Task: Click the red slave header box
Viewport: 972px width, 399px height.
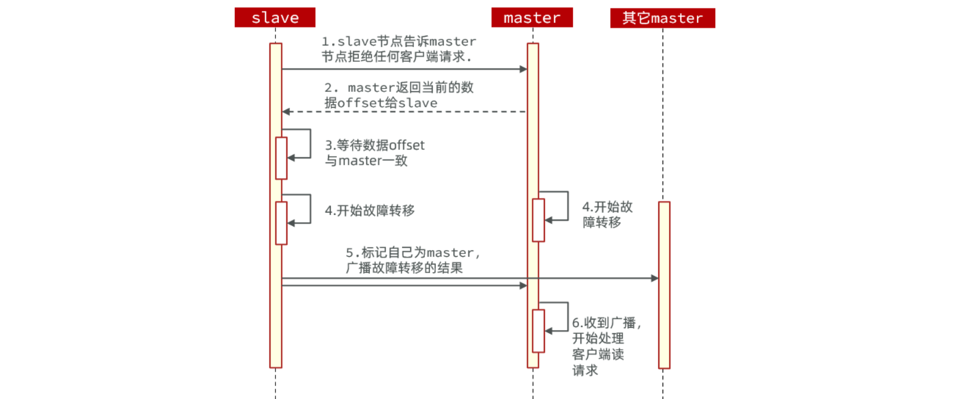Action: point(275,18)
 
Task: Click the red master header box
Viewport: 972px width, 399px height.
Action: point(532,18)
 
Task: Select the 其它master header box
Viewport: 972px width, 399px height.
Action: point(663,18)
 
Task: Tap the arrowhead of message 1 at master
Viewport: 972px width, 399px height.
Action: point(524,69)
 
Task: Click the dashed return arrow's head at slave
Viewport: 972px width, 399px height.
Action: point(286,112)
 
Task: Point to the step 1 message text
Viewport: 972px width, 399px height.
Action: point(399,49)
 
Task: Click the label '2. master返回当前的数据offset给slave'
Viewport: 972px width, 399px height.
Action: point(399,95)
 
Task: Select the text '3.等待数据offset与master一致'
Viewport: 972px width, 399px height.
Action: point(375,153)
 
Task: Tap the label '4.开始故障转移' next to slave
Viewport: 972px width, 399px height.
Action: point(370,211)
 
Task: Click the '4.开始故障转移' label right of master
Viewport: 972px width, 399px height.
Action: point(607,215)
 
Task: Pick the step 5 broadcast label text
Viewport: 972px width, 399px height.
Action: point(413,260)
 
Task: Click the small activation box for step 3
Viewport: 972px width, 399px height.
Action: point(281,158)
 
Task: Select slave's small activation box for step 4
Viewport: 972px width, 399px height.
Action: point(281,223)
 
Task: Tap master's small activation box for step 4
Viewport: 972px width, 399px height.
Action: point(538,220)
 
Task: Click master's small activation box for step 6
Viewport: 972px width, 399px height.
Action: point(538,331)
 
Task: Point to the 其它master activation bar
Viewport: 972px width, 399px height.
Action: point(664,285)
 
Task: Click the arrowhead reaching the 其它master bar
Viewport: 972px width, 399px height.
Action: point(654,278)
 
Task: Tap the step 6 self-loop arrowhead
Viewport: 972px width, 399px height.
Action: point(549,331)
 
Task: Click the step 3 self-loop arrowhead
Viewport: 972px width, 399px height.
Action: point(291,158)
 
